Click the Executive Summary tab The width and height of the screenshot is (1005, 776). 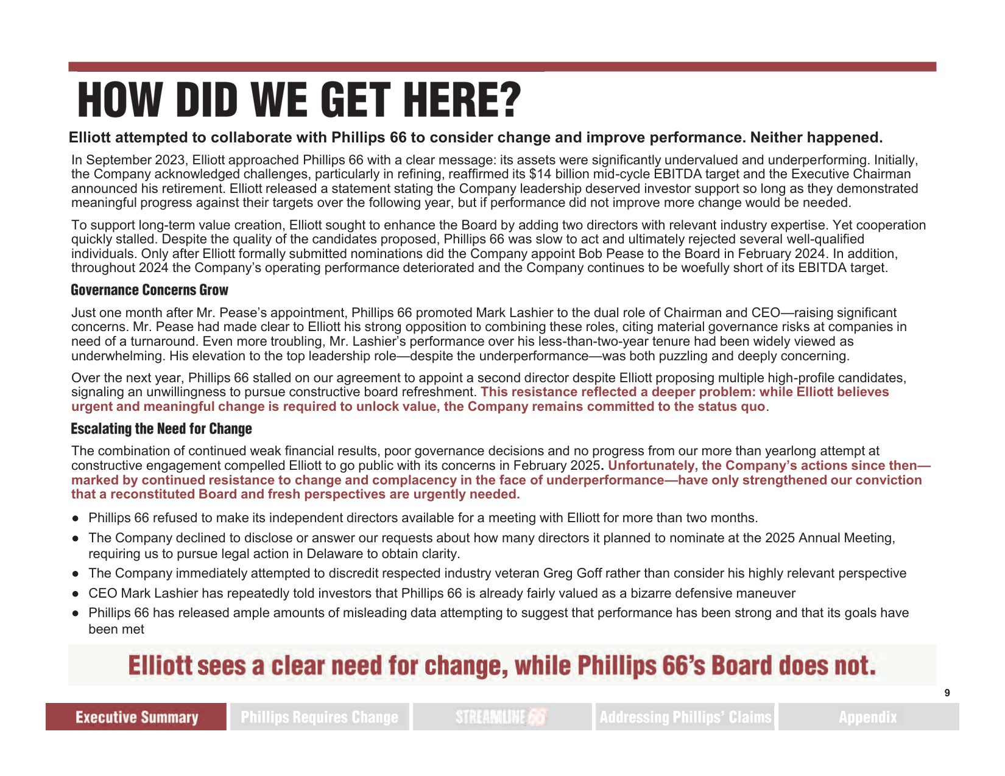(136, 717)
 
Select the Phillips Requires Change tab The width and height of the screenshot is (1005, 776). (319, 717)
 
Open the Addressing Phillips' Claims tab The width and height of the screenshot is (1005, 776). (685, 717)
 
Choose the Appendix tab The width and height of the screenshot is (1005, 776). (868, 717)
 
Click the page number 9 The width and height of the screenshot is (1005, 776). (947, 693)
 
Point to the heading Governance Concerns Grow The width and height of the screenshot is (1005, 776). (149, 290)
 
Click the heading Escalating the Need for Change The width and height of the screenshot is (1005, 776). (161, 428)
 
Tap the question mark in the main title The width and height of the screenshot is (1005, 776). (509, 100)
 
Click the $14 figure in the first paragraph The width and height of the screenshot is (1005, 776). (540, 174)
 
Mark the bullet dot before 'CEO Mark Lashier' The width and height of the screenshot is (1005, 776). (76, 593)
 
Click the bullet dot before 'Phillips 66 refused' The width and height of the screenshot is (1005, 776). (76, 518)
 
